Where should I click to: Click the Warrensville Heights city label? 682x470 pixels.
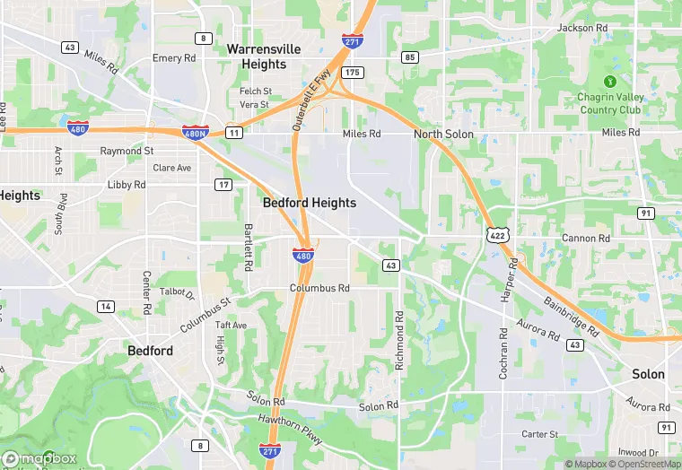pos(263,57)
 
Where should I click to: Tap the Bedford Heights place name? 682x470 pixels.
pos(309,204)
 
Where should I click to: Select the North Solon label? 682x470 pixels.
pos(443,135)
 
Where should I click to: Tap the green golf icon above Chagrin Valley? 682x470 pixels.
pos(610,82)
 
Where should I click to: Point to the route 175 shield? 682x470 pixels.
pos(352,72)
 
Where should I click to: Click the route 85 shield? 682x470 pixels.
pos(410,57)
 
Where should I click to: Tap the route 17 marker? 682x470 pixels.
pos(223,185)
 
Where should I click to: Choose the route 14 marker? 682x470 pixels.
pos(106,307)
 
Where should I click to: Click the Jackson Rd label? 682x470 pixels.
pos(581,29)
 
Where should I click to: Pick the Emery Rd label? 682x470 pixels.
pos(174,58)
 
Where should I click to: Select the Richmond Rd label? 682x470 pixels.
pos(399,341)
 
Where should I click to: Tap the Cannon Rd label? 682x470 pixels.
pos(585,239)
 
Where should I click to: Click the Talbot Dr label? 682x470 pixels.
pos(177,293)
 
